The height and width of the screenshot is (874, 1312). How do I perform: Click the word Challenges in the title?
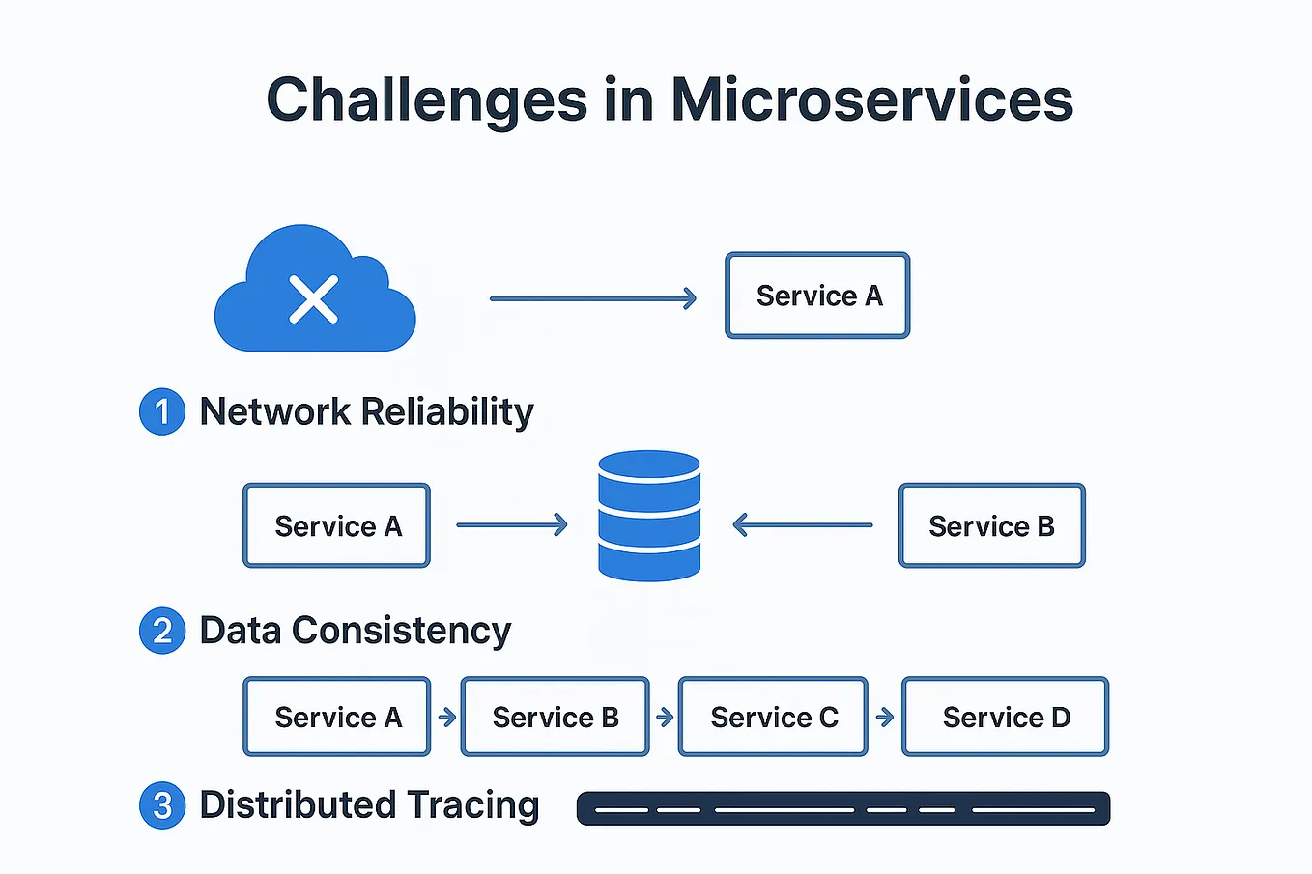(x=426, y=100)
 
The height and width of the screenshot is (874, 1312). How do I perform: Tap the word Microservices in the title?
(x=871, y=100)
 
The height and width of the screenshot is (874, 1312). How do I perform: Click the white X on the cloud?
(x=314, y=299)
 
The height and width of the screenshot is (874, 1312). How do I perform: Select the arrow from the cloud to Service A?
(x=592, y=299)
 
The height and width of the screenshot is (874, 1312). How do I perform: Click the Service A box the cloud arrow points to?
(x=817, y=296)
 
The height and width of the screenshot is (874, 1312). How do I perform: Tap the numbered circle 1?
(x=162, y=412)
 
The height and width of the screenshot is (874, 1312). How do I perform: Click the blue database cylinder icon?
(x=649, y=516)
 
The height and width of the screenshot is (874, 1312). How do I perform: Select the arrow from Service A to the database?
(x=511, y=525)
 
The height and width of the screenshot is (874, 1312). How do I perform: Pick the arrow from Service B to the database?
(x=802, y=525)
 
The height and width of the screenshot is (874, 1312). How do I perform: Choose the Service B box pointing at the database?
(x=991, y=525)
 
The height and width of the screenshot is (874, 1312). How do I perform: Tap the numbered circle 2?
(x=162, y=632)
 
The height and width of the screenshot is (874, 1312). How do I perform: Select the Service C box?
(x=773, y=717)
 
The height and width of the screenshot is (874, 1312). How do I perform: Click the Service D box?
(x=1005, y=717)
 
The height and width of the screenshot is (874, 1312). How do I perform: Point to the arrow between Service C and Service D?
(x=885, y=718)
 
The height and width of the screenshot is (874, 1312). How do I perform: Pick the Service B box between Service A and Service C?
(x=555, y=717)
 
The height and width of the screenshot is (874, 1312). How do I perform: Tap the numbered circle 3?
(x=162, y=805)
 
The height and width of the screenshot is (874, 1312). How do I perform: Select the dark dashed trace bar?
(x=842, y=809)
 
